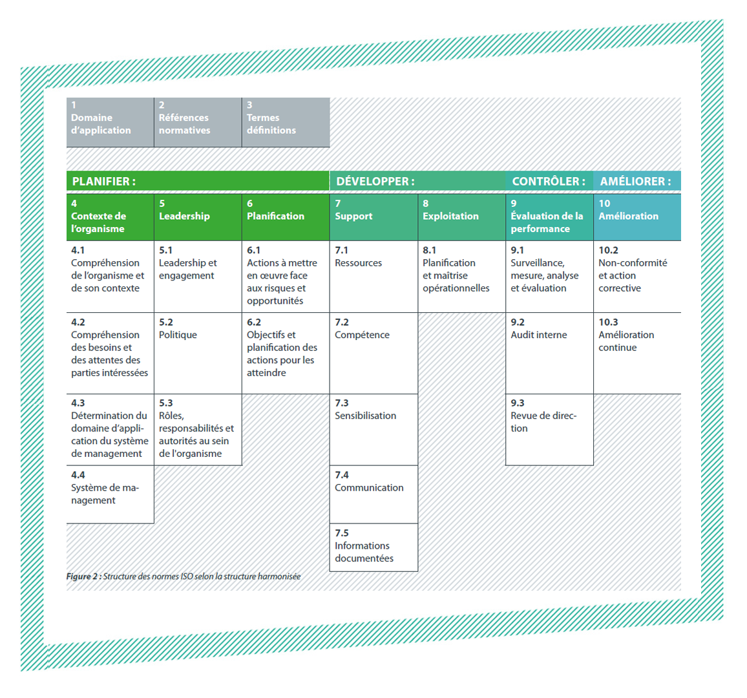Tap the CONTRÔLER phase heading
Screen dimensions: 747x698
coord(549,181)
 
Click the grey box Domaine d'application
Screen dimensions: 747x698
coord(110,122)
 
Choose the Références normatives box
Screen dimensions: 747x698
coord(198,122)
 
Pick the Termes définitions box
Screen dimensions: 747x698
coord(286,122)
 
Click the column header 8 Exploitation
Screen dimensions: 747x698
coord(461,217)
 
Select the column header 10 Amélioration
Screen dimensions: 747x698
coord(637,217)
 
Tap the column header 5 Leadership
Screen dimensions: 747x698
coord(198,217)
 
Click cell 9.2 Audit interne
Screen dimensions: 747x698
coord(549,353)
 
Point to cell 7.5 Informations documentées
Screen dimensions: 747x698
coord(373,547)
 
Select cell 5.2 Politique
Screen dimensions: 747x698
coord(198,353)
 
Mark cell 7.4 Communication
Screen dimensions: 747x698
coord(373,494)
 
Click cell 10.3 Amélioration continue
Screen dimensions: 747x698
coord(637,353)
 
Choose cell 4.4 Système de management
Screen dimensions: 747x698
coord(110,494)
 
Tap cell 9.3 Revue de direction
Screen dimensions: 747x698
coord(549,429)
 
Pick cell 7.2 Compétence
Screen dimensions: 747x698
coord(373,353)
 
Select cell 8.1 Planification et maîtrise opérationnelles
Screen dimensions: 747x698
coord(461,277)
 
